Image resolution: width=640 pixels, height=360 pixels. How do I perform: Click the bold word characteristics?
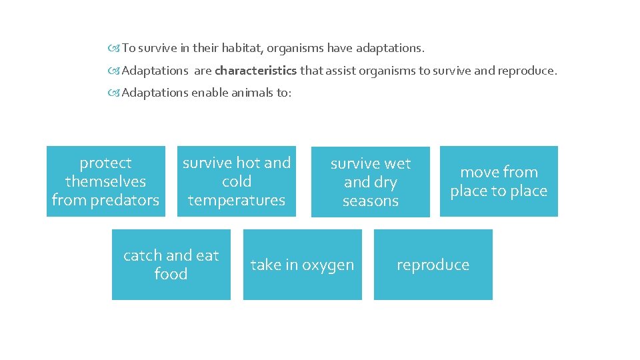point(256,71)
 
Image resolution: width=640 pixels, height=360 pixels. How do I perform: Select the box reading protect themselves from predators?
point(105,181)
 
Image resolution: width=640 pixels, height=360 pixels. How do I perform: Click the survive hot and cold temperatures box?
point(237,181)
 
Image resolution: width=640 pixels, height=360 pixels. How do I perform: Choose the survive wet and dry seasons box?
point(370,182)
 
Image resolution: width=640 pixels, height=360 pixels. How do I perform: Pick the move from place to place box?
point(499,181)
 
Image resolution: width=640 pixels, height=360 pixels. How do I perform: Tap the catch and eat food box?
point(171,265)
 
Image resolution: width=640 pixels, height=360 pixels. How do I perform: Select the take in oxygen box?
point(302,265)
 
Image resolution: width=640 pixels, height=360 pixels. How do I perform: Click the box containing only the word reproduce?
point(433,265)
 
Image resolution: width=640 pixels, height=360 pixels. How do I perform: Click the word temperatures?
point(237,200)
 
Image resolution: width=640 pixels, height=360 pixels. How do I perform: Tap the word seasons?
point(371,201)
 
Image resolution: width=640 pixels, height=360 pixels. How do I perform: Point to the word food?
point(171,274)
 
